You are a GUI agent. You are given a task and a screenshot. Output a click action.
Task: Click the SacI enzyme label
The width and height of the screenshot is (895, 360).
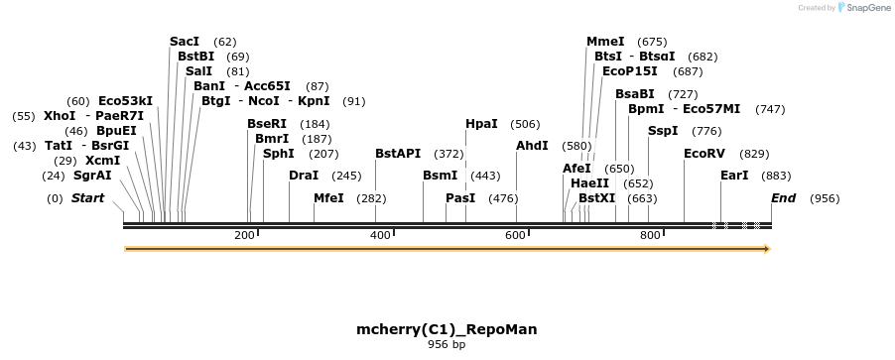pos(185,42)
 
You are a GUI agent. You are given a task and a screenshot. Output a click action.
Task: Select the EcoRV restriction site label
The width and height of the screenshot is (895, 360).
pos(704,154)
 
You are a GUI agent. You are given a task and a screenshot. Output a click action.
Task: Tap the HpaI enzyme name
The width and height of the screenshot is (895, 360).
pos(481,124)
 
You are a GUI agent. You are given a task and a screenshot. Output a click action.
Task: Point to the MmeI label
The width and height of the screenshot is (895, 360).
pos(605,42)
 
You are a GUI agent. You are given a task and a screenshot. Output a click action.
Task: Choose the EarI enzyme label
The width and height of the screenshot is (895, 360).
pos(734,176)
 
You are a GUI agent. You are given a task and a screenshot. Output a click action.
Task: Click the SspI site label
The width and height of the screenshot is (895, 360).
pos(663,131)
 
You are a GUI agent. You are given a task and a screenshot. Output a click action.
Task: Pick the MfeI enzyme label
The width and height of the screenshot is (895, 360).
pos(328,198)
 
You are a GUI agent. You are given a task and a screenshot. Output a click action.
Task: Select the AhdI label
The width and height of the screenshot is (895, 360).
pos(532,146)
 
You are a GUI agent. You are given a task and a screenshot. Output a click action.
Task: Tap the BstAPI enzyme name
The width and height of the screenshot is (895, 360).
pos(398,154)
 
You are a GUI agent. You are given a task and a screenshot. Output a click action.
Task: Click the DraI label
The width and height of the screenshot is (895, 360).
pos(304,176)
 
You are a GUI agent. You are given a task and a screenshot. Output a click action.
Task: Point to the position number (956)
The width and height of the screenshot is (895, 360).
pos(825,198)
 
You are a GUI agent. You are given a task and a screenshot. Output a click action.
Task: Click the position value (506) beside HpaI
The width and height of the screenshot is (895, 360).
pos(525,124)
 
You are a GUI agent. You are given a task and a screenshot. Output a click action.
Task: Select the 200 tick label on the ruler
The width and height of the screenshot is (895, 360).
pos(244,235)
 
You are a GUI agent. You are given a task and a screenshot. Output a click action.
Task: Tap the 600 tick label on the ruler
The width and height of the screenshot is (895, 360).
pos(514,235)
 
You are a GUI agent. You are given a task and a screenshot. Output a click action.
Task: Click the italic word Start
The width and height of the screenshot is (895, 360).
pos(87,198)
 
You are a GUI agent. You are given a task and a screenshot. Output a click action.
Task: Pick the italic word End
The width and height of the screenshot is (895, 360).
pos(783,198)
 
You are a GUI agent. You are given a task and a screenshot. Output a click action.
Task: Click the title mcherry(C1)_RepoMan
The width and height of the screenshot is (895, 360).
pos(447,328)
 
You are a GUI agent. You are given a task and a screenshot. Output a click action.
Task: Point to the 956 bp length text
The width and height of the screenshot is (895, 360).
pos(447,345)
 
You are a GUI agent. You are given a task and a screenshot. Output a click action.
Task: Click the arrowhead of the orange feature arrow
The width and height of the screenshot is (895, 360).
pos(766,249)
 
